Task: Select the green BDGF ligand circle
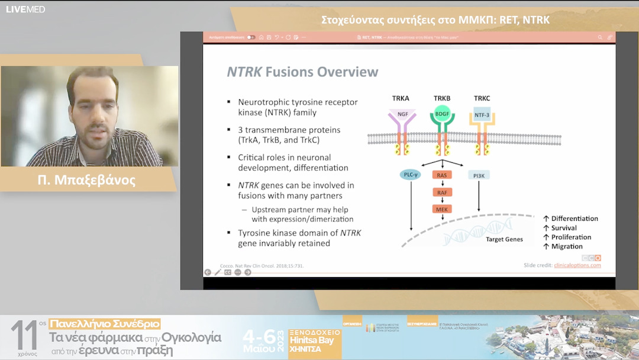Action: coord(442,113)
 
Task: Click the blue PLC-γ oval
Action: coord(410,175)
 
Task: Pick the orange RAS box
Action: coord(442,175)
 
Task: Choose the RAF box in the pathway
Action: coord(442,192)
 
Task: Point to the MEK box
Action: coord(442,209)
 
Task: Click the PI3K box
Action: coord(479,175)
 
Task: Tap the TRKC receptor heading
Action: coord(482,98)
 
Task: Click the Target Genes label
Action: coord(504,239)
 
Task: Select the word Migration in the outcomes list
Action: coord(567,246)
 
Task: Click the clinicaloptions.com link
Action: coord(577,265)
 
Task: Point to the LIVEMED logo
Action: coord(25,9)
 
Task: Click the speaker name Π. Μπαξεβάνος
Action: coord(86,180)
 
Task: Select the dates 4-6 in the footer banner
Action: coord(260,336)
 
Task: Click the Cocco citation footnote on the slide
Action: coord(262,266)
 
